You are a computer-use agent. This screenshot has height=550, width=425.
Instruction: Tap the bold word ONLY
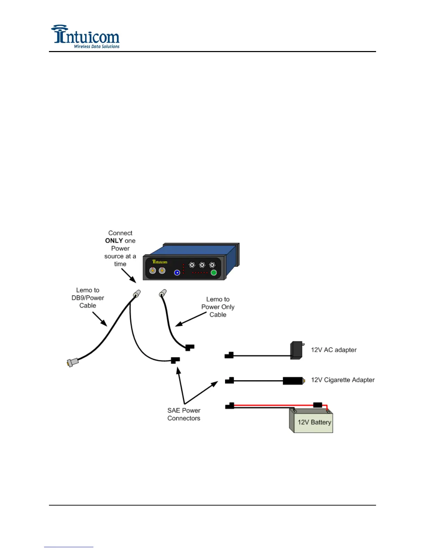tap(114, 241)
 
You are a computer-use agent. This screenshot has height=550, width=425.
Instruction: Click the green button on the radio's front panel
tap(214, 273)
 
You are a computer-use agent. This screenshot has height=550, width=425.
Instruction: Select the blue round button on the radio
tap(177, 273)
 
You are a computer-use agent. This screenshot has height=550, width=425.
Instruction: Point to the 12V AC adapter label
tap(334, 350)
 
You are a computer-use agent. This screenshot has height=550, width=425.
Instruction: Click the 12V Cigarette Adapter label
tap(343, 380)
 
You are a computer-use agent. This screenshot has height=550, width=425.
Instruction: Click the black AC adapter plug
tap(297, 350)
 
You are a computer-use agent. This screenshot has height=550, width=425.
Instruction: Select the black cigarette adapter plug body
tap(293, 381)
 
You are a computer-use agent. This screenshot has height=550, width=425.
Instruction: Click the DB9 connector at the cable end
tap(72, 362)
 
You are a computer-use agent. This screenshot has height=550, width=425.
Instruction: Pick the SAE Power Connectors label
tap(184, 414)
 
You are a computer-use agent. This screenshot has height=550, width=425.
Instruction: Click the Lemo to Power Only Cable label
tap(218, 307)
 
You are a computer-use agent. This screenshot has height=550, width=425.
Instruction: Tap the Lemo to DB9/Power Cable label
tap(88, 298)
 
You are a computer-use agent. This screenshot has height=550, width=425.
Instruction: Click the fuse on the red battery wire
tap(317, 405)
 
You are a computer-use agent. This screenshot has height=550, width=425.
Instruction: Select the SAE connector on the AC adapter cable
tap(229, 355)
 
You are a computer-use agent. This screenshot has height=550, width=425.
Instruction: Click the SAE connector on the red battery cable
tap(230, 406)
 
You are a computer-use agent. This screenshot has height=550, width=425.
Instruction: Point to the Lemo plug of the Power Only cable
tap(162, 294)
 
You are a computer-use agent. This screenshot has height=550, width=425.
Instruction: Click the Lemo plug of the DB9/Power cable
tap(136, 294)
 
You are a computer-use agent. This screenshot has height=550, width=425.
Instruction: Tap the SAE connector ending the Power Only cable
tap(189, 347)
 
